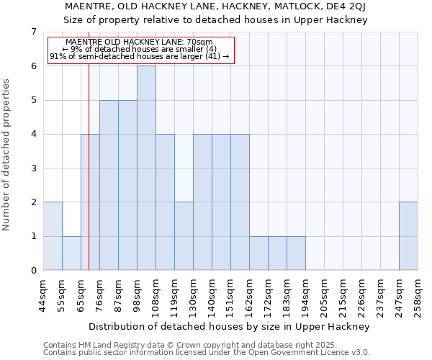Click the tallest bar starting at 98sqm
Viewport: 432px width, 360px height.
(146, 168)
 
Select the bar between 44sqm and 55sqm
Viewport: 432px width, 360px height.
(53, 236)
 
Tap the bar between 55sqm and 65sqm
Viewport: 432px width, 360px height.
(71, 253)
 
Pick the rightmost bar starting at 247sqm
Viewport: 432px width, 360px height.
(408, 236)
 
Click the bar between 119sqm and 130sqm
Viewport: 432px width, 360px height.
(184, 236)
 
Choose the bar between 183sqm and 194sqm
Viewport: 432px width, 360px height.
(296, 253)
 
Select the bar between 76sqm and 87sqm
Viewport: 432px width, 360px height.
(109, 185)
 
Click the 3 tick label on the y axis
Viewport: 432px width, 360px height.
(33, 168)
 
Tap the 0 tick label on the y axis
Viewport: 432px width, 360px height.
(33, 271)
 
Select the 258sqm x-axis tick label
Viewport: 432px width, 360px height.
(418, 294)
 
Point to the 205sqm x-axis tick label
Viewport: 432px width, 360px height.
(325, 294)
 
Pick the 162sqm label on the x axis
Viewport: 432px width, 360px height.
(250, 294)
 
